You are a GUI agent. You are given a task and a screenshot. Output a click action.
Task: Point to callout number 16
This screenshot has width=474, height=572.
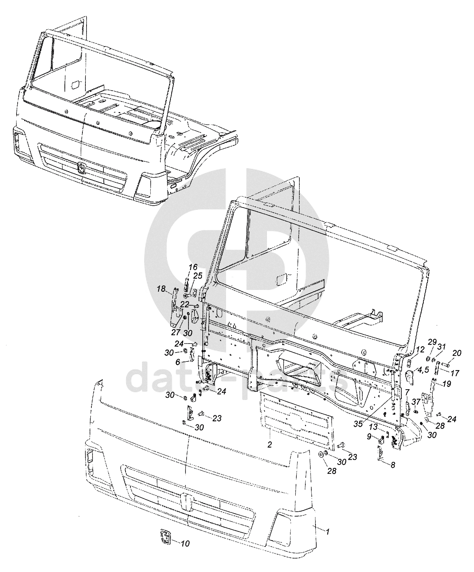193,267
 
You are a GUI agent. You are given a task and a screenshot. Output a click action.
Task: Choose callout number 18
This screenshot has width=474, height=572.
178,362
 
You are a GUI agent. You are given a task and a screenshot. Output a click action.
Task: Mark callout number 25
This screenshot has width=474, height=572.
197,276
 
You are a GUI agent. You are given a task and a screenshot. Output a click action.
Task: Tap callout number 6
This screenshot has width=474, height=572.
178,362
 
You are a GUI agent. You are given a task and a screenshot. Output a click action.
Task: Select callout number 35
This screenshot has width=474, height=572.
359,424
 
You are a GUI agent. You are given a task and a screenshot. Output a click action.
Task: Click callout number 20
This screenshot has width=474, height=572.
457,353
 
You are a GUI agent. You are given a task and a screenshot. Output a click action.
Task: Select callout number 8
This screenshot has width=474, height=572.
393,465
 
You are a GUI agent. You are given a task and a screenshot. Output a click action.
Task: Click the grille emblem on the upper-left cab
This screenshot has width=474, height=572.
81,168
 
